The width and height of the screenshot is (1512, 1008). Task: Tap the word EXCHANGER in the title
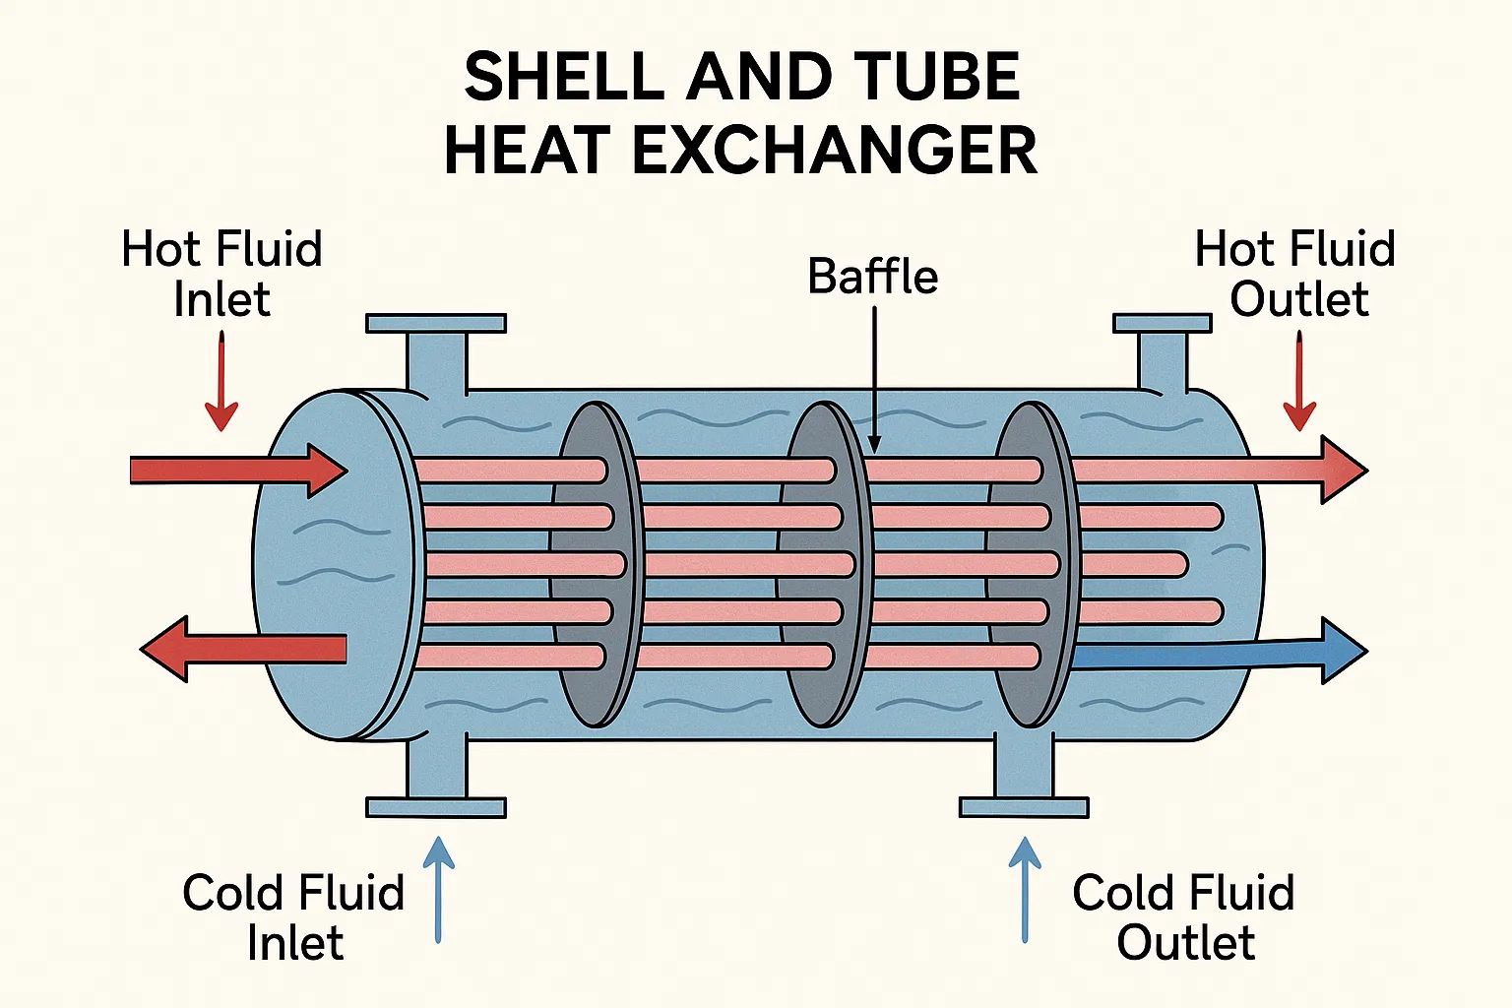tap(834, 151)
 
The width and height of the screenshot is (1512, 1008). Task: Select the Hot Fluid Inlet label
tap(221, 274)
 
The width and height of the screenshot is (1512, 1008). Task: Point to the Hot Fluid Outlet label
tap(1296, 274)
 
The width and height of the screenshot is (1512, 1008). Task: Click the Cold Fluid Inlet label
tap(293, 917)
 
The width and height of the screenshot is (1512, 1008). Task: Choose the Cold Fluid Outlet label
tap(1183, 917)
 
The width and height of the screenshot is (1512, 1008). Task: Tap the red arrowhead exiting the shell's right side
tap(1343, 471)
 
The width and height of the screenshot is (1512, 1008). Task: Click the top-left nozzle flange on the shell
tap(436, 323)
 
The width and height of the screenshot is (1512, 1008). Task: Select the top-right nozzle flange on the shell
tap(1162, 323)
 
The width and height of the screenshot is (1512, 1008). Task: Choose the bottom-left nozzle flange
tap(436, 807)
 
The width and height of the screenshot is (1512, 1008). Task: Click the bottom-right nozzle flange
tap(1024, 807)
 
